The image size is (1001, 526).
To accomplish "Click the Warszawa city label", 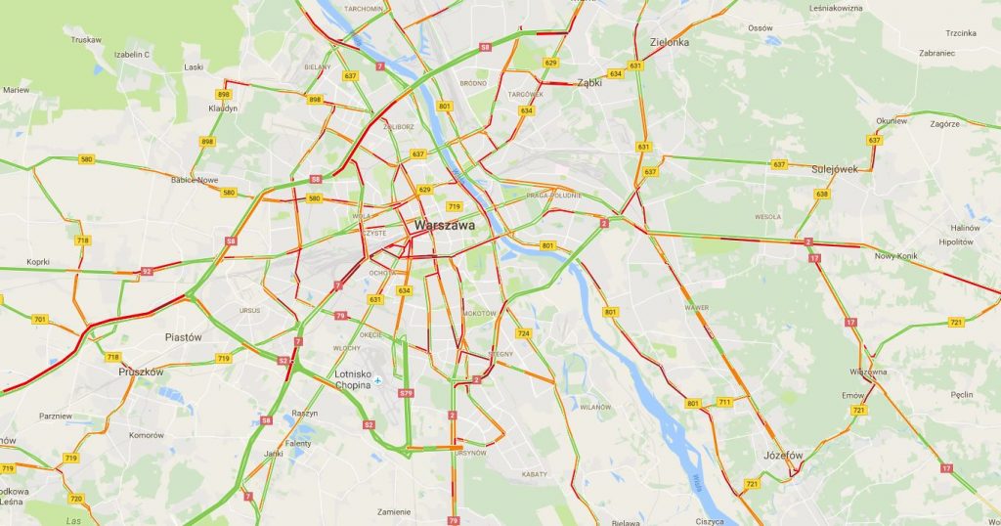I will pyautogui.click(x=445, y=225).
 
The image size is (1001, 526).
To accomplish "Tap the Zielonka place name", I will pyautogui.click(x=670, y=42).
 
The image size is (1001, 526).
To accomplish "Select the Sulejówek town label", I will pyautogui.click(x=834, y=168).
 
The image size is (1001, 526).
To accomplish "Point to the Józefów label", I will pyautogui.click(x=783, y=456).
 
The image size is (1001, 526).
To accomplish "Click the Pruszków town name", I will pyautogui.click(x=141, y=372).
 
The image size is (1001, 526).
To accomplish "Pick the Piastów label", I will pyautogui.click(x=183, y=336).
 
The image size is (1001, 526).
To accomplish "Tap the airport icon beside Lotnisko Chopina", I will pyautogui.click(x=378, y=381).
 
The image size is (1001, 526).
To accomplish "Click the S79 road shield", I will pyautogui.click(x=406, y=393).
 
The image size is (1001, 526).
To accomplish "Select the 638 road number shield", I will pyautogui.click(x=822, y=194).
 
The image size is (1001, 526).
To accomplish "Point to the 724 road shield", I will pyautogui.click(x=523, y=333).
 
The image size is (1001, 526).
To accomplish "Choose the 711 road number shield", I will pyautogui.click(x=724, y=402).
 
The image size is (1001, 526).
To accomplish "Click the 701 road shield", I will pyautogui.click(x=39, y=320).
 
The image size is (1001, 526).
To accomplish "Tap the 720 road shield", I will pyautogui.click(x=75, y=499).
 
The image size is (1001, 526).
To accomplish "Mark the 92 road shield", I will pyautogui.click(x=147, y=271).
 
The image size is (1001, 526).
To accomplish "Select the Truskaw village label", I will pyautogui.click(x=87, y=40).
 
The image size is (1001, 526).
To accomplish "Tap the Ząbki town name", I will pyautogui.click(x=589, y=83).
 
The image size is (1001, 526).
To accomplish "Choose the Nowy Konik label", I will pyautogui.click(x=896, y=256).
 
